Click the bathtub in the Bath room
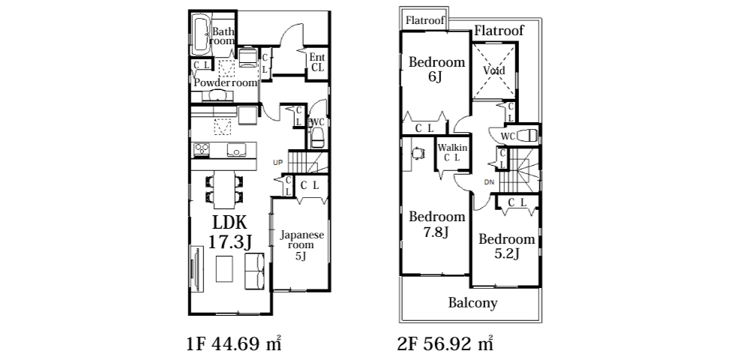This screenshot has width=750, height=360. click(200, 35)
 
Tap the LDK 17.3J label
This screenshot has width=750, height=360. click(229, 232)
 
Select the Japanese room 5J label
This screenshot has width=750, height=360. click(301, 245)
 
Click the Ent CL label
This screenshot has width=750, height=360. click(317, 63)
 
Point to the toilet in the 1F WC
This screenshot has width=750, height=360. click(317, 139)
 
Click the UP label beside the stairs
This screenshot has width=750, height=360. click(278, 163)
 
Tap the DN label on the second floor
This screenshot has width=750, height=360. click(489, 182)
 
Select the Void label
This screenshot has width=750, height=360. click(493, 70)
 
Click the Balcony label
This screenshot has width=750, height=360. click(472, 303)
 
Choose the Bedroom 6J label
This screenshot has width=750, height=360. click(436, 69)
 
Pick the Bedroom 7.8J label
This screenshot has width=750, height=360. click(436, 224)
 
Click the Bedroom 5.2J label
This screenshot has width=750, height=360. click(506, 246)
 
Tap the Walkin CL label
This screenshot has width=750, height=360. click(452, 152)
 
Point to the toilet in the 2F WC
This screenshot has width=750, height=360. click(527, 135)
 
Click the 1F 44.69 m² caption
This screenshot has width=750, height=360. click(233, 343)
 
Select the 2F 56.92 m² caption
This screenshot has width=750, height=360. click(445, 343)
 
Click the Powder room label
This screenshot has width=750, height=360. click(226, 82)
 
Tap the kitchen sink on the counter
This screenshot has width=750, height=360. click(236, 150)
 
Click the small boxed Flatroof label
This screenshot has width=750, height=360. click(425, 20)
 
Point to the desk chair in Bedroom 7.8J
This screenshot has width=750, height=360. click(419, 152)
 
